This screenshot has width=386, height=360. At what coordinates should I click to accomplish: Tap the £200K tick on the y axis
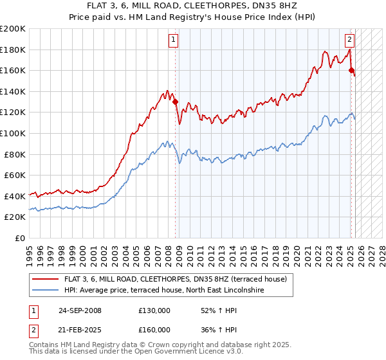click(14, 29)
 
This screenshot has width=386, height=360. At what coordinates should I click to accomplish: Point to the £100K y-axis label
click(14, 133)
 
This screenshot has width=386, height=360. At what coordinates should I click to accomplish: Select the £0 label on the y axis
click(20, 238)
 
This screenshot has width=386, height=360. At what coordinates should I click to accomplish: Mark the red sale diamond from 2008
click(175, 102)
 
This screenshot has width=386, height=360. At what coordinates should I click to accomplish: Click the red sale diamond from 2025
click(351, 71)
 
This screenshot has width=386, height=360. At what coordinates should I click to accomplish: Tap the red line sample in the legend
click(46, 280)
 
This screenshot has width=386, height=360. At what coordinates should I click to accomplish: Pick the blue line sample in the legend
click(46, 291)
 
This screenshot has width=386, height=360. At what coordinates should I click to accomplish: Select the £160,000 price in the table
click(154, 329)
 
